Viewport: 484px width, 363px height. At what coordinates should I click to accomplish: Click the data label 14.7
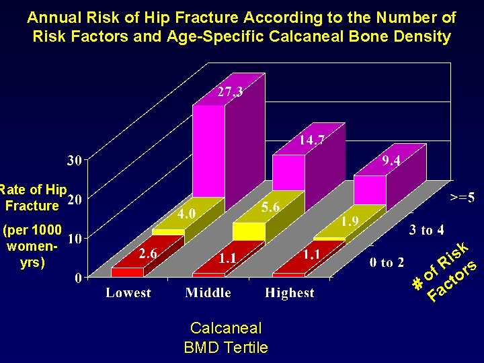(313, 140)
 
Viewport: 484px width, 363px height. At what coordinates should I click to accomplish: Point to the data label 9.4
(392, 161)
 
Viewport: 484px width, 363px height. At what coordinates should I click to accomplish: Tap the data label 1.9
(350, 221)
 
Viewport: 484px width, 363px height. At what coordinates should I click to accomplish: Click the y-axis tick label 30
(75, 160)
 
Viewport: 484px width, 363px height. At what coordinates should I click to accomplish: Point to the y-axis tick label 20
(75, 200)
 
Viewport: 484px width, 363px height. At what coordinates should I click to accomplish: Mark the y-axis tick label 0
(79, 277)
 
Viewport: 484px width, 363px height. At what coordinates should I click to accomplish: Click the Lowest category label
(128, 293)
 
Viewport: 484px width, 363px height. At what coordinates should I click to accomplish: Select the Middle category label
(208, 293)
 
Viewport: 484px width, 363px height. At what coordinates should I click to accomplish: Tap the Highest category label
(289, 293)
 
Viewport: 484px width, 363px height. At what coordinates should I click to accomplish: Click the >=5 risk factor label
(463, 197)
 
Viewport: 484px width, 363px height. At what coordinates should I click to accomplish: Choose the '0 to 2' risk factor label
(387, 263)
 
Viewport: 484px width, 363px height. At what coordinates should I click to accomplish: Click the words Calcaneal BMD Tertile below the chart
(226, 337)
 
